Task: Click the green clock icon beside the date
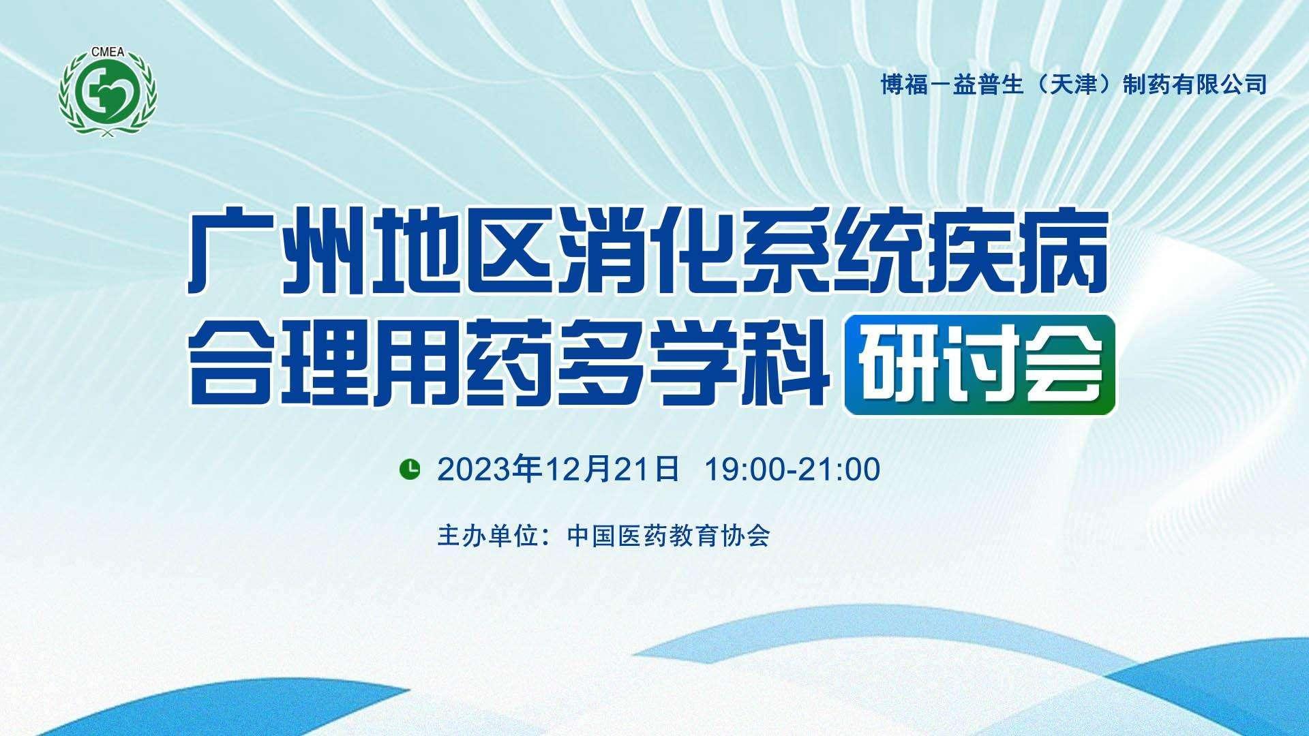409,469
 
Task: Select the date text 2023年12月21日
559,469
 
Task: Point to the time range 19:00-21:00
793,470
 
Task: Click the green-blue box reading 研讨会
980,365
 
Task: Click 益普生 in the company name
988,84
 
